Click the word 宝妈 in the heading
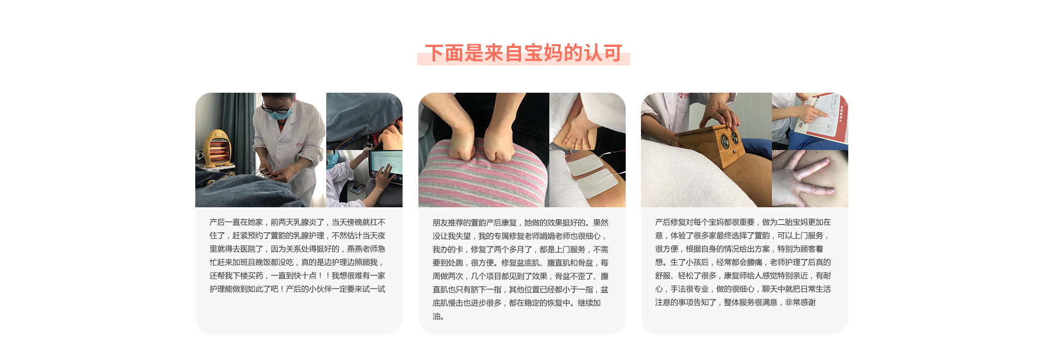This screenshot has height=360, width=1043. (543, 53)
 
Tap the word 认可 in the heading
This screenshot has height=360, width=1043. (602, 53)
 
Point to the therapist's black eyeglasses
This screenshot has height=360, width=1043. (276, 107)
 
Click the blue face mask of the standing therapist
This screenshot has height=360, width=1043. (280, 115)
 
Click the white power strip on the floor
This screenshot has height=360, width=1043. (356, 188)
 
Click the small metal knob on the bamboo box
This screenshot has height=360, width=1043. (734, 152)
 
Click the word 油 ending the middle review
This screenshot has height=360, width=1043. (436, 316)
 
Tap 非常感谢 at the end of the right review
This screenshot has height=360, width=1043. (800, 302)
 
